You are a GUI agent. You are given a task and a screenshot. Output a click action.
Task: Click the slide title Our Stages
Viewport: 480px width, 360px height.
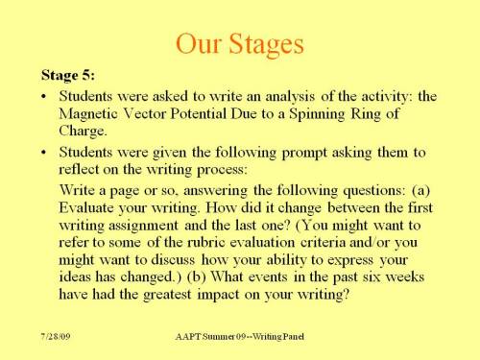pos(240,44)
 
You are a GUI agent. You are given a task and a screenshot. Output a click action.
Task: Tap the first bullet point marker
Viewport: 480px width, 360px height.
pos(44,97)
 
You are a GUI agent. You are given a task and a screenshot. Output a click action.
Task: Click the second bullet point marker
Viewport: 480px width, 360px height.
pos(44,152)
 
